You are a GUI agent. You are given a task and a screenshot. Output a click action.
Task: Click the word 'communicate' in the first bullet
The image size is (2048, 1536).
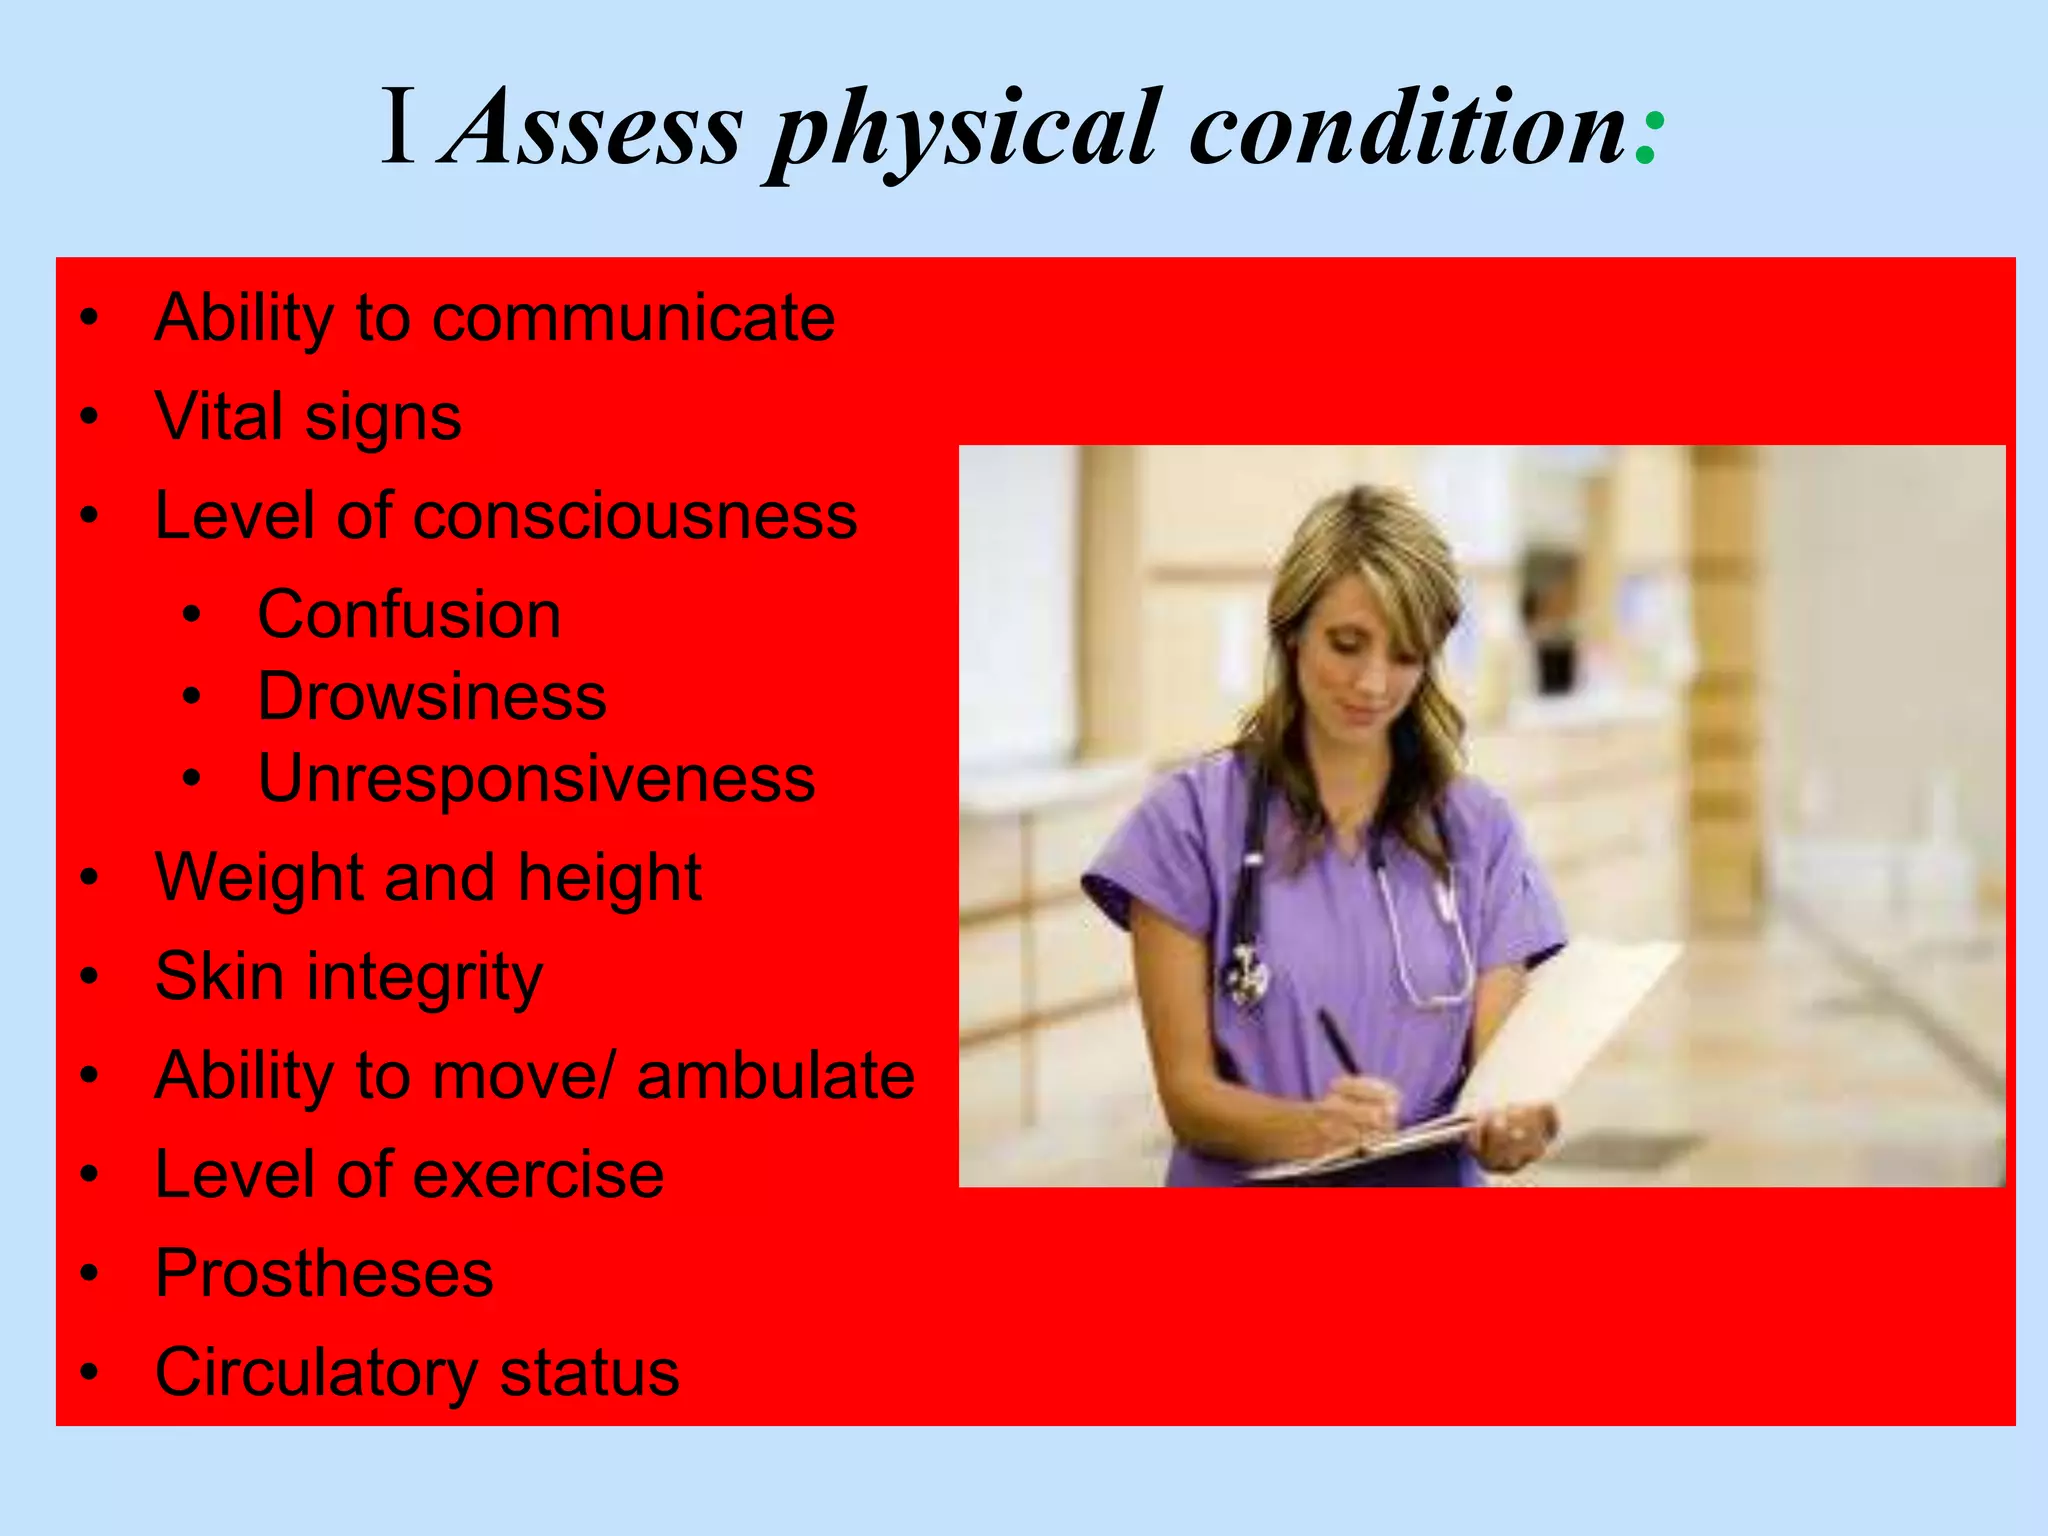point(634,318)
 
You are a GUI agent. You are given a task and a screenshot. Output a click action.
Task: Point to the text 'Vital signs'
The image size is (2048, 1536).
point(308,416)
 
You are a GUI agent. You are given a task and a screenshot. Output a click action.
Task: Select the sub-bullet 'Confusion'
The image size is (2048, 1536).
point(409,614)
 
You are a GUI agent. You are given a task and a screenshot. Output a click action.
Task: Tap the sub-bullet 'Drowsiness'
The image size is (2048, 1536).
point(431,696)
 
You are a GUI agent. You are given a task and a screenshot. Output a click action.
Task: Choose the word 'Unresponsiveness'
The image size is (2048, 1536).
point(536,778)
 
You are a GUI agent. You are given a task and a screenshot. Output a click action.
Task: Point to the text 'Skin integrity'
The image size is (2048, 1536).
point(349,976)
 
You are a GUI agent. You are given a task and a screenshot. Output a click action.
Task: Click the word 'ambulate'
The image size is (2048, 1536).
point(775,1076)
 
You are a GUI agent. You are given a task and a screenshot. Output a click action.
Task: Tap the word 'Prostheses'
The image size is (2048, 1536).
point(324,1274)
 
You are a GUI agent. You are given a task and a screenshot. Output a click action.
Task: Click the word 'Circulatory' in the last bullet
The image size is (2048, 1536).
point(316,1372)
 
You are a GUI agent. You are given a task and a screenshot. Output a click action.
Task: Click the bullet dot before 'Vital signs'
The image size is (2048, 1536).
point(90,416)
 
